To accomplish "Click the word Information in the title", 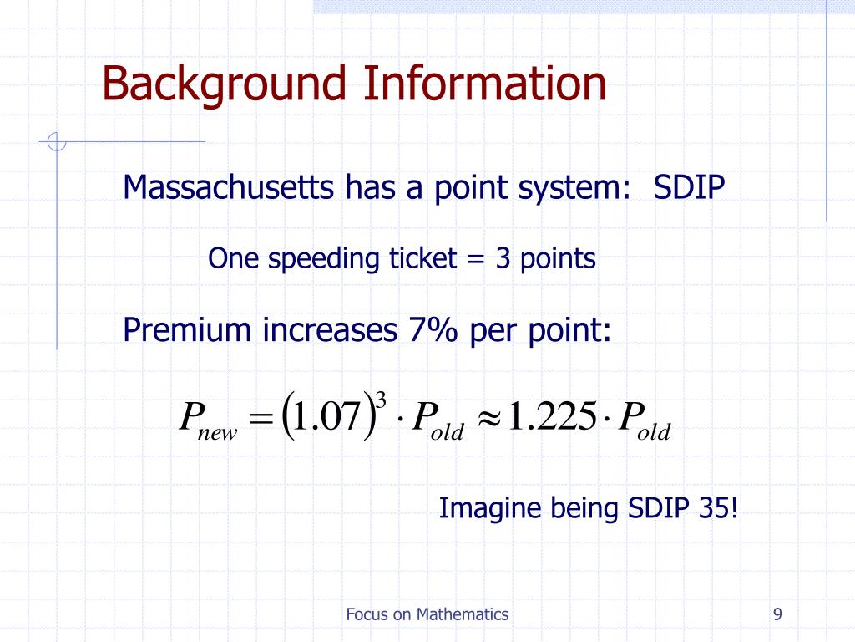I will [x=485, y=84].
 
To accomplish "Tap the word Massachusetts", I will [x=227, y=187].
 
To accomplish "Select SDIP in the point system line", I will [x=690, y=187].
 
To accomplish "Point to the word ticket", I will [x=421, y=258].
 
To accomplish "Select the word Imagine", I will [x=490, y=507].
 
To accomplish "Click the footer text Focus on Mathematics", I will [x=427, y=614].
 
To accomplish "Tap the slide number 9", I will [x=777, y=614].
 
